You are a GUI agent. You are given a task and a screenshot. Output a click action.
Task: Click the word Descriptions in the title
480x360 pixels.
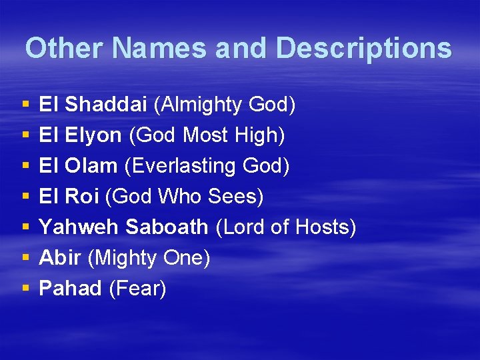363,49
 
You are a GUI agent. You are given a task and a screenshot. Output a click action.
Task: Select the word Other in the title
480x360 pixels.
65,49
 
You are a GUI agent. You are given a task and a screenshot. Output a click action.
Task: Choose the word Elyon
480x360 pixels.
93,135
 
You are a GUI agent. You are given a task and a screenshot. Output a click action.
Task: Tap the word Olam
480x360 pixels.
92,166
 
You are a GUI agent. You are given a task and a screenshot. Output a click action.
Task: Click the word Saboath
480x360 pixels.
167,227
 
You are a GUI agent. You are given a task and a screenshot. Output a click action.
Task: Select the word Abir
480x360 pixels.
60,258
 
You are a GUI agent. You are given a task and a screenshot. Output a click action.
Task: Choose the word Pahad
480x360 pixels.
70,289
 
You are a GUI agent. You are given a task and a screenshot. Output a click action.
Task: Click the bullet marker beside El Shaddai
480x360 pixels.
25,105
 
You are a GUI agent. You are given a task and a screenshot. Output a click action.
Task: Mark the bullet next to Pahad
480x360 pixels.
25,289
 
